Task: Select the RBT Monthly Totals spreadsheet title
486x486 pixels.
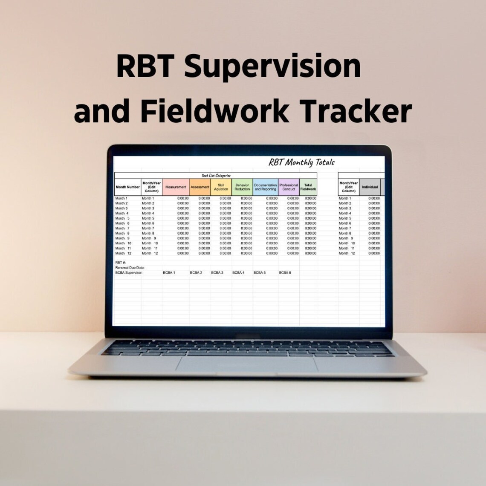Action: (301, 162)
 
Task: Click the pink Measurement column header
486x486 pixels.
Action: (176, 187)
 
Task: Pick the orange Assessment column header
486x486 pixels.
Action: (200, 187)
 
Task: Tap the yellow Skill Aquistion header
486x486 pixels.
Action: (221, 187)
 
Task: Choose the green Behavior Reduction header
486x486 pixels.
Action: (242, 187)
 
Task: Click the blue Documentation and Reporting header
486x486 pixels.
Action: (266, 187)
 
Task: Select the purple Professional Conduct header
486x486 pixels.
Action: (289, 187)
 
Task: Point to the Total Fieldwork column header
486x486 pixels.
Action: (308, 187)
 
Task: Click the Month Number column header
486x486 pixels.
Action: (127, 187)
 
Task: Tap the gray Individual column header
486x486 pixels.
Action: (370, 187)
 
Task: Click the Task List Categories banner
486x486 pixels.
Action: (216, 175)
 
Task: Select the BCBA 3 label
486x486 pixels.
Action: (217, 272)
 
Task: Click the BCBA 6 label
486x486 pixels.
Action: (285, 272)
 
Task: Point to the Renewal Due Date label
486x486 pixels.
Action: (130, 267)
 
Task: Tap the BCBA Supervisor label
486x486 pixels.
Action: (129, 272)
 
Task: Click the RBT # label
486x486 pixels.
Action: (120, 263)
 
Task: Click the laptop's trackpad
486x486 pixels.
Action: (247, 364)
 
